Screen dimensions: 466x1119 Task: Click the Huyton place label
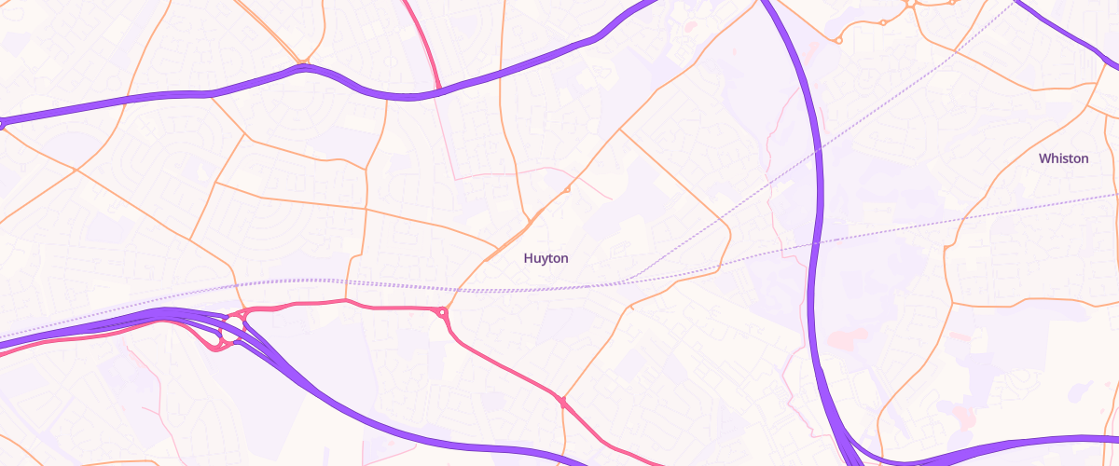tap(546, 258)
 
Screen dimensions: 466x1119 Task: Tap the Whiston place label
tap(1063, 158)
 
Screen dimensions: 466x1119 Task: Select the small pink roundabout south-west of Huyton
tap(442, 313)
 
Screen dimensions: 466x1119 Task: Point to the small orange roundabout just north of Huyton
tap(567, 190)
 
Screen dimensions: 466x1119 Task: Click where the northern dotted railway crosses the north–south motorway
tap(818, 148)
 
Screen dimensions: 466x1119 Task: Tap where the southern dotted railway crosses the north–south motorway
tap(816, 244)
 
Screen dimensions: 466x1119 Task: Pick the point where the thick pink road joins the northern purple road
tap(438, 90)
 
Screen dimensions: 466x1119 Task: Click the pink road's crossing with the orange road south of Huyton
tap(562, 402)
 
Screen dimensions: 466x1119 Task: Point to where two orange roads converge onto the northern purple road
tap(303, 66)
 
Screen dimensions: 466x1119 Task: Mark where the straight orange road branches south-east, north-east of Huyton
tap(620, 130)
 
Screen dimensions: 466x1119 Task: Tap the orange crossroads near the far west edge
tap(76, 170)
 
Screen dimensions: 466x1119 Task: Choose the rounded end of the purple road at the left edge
tap(3, 122)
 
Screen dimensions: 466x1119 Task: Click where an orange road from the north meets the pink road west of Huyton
tap(346, 300)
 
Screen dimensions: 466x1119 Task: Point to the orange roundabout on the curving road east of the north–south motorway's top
tap(838, 40)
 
